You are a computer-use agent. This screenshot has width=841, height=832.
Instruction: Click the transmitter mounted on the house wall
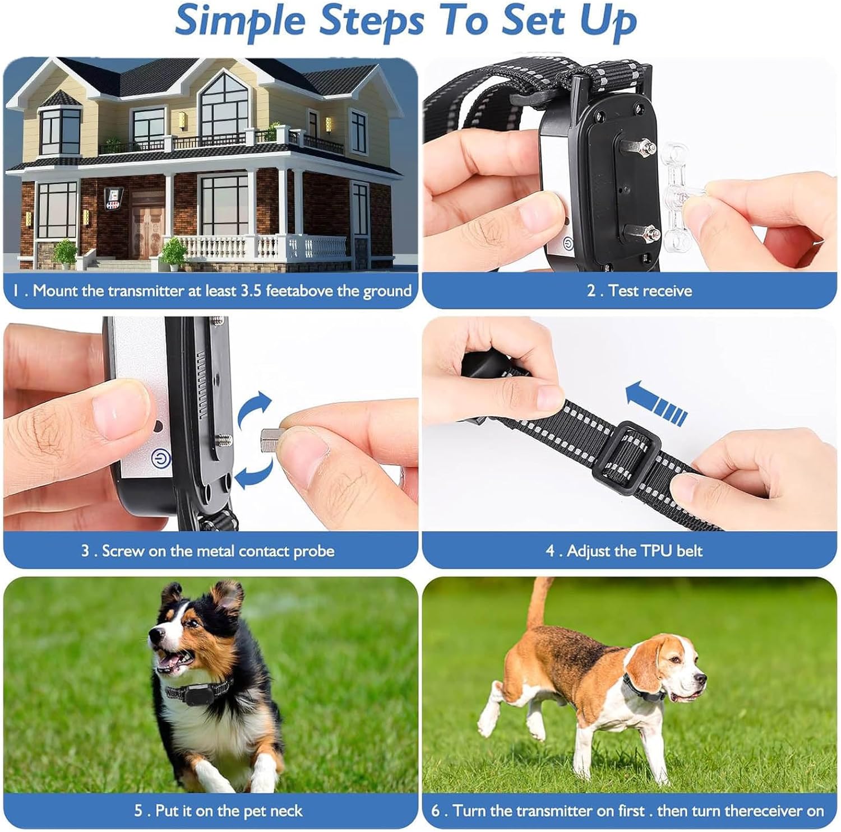point(114,199)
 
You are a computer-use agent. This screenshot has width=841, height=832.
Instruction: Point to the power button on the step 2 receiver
point(567,245)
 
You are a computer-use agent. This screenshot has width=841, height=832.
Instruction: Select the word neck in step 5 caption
point(286,811)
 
